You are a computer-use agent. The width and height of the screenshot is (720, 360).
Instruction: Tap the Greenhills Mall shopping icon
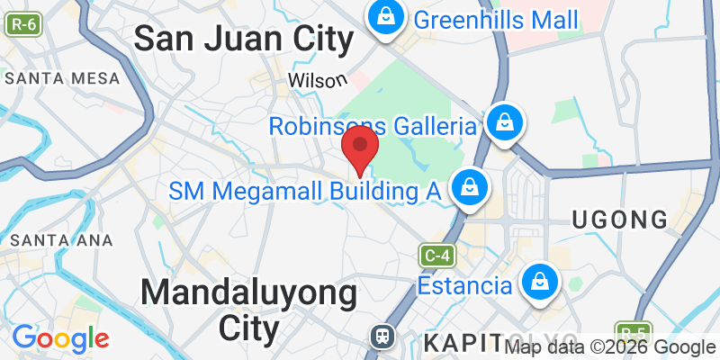pyautogui.click(x=384, y=17)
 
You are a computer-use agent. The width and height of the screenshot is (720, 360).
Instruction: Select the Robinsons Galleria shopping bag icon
pyautogui.click(x=505, y=121)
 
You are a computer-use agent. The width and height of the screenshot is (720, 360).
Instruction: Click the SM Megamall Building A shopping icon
pyautogui.click(x=469, y=188)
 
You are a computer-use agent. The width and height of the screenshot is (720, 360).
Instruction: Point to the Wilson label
pyautogui.click(x=318, y=80)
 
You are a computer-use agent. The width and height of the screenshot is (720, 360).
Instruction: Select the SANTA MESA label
pyautogui.click(x=62, y=78)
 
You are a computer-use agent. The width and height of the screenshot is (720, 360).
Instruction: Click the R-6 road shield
pyautogui.click(x=23, y=25)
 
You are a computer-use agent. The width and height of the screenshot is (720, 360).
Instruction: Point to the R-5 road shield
pyautogui.click(x=633, y=331)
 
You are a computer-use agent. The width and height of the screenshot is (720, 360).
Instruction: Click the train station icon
pyautogui.click(x=382, y=337)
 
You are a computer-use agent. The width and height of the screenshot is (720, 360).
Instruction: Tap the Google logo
pyautogui.click(x=60, y=338)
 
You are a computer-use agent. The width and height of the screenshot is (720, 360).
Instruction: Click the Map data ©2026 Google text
pyautogui.click(x=610, y=347)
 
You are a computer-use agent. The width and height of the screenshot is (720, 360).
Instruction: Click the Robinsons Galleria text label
pyautogui.click(x=372, y=126)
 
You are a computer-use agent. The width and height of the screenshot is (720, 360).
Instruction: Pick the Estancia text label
pyautogui.click(x=465, y=286)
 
